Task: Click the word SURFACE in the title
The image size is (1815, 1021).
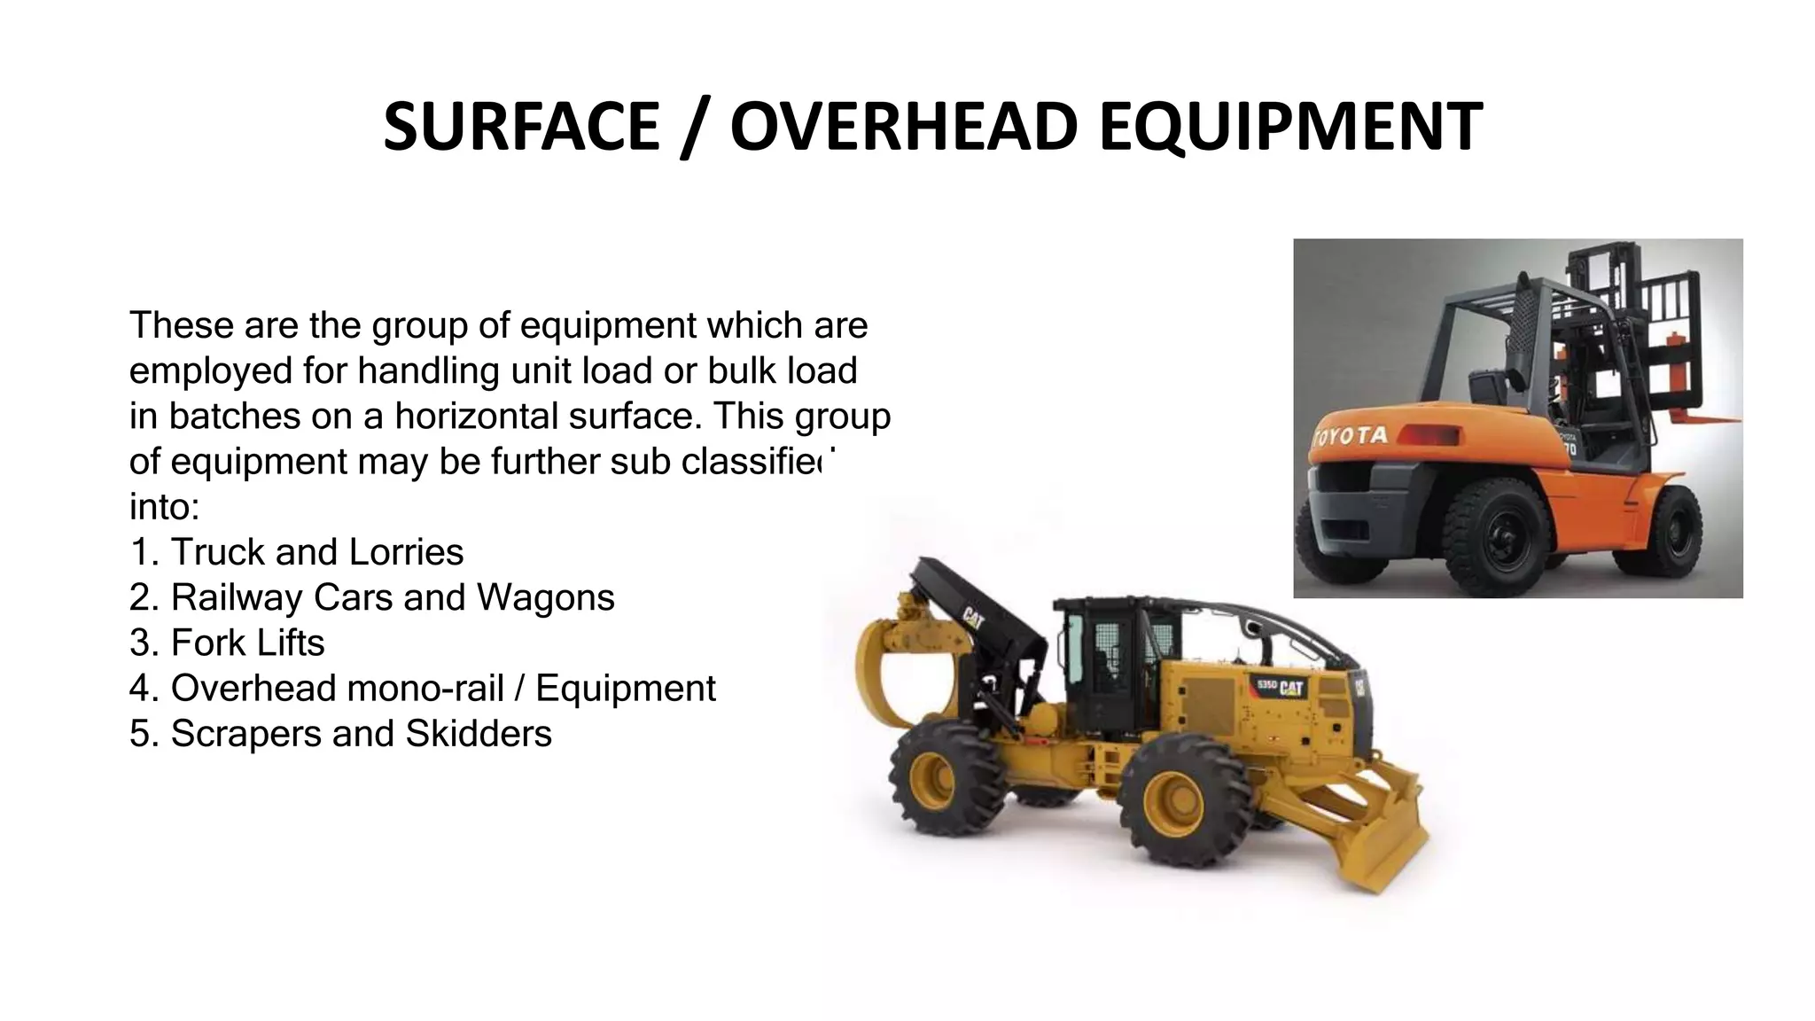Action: [x=521, y=126]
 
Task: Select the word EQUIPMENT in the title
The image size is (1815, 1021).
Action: [x=1290, y=126]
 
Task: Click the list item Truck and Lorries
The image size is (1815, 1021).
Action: [x=297, y=552]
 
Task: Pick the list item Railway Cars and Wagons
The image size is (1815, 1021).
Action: [x=372, y=597]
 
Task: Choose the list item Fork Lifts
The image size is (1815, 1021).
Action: [x=228, y=643]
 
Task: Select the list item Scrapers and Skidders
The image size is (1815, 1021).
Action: [x=341, y=734]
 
